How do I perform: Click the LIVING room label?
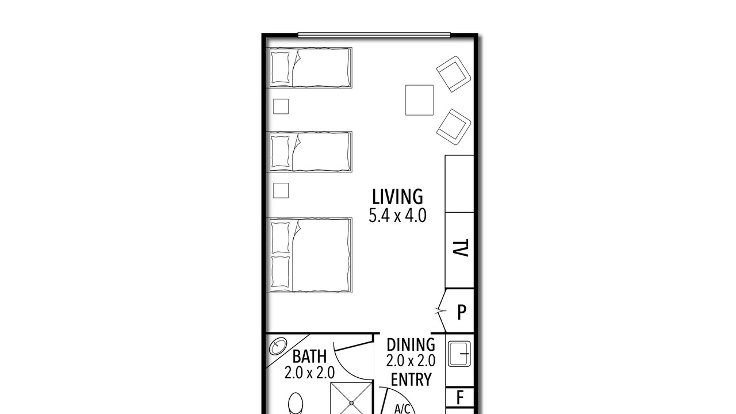click(397, 197)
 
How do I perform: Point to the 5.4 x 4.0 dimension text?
click(397, 216)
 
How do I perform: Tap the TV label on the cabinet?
click(461, 248)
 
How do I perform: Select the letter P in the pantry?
click(462, 312)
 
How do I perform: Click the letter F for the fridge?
click(460, 397)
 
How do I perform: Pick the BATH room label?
click(309, 356)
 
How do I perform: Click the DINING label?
click(411, 345)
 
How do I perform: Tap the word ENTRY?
click(411, 379)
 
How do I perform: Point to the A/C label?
click(402, 409)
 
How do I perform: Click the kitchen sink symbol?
click(459, 354)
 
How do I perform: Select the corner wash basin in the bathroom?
click(278, 346)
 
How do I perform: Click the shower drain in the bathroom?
click(351, 403)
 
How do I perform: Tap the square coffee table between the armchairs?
click(419, 100)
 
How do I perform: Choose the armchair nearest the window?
click(454, 74)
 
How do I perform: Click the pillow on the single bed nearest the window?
click(280, 68)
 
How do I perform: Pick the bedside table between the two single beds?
click(281, 106)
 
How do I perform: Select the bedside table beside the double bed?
click(281, 190)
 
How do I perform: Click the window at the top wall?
click(374, 35)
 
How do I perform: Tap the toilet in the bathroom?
click(296, 404)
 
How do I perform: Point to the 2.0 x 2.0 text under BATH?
click(309, 373)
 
